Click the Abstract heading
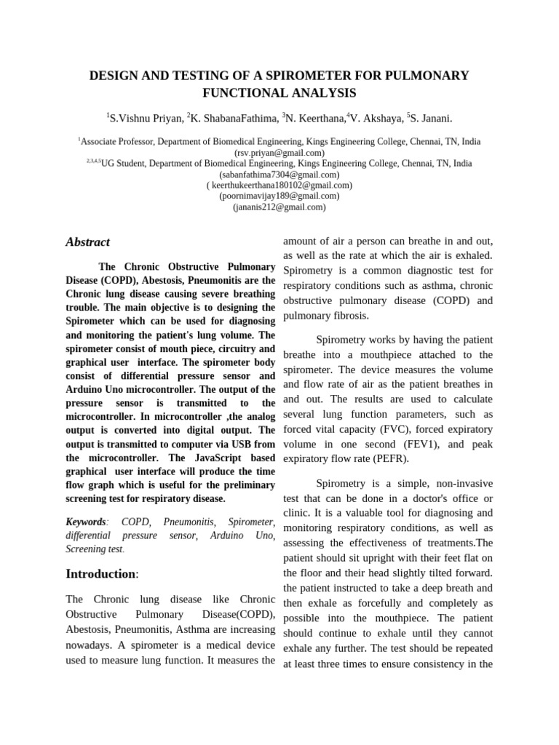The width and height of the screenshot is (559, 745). coord(87,242)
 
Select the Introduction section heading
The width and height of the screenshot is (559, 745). coord(100,574)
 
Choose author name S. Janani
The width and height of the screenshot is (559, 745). coord(431,119)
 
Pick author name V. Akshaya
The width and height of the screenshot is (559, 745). coord(376,119)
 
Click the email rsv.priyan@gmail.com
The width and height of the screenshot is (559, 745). coord(279,153)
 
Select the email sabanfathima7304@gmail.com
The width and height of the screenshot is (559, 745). coord(279,175)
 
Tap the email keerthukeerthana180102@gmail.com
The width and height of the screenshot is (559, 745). coord(279,186)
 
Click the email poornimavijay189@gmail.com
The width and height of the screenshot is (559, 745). coord(279,196)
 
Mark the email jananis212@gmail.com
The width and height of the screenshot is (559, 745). coord(279,207)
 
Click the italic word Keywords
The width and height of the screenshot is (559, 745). coord(86,522)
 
